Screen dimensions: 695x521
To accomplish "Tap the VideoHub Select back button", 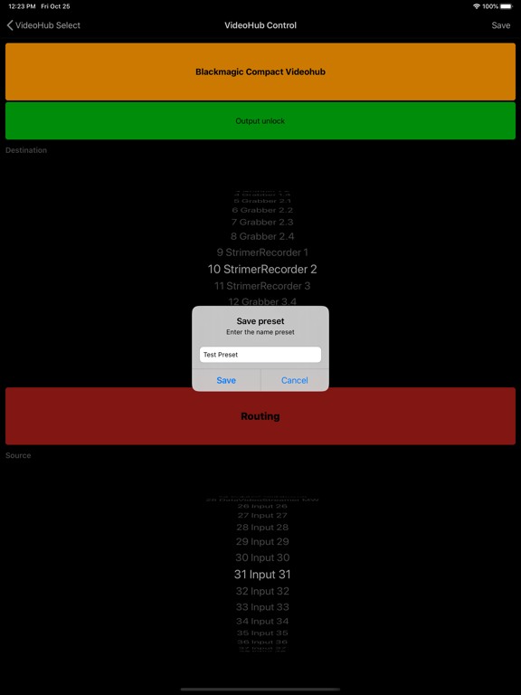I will tap(43, 25).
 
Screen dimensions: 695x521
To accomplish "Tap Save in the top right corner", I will tap(500, 25).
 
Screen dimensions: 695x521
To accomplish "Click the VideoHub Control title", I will tap(260, 25).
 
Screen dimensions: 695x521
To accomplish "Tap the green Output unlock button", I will tap(260, 120).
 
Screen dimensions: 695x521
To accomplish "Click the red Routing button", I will tap(260, 416).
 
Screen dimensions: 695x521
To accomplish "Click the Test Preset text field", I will tap(260, 355).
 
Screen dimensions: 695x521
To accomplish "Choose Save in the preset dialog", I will tap(226, 380).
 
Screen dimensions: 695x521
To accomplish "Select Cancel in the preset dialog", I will tap(294, 380).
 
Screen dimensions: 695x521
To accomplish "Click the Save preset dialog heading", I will tap(260, 321).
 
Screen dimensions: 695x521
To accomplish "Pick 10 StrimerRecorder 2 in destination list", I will tap(262, 269).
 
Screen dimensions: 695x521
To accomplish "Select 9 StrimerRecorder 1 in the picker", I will tap(262, 252).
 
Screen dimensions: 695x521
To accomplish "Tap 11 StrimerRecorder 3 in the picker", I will tap(262, 286).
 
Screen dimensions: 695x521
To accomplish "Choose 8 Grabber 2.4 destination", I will tap(262, 236).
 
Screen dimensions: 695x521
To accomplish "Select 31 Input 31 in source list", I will tap(262, 575).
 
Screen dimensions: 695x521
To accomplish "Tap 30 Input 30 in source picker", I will tap(262, 557).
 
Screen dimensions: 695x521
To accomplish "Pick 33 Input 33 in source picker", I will tap(262, 607).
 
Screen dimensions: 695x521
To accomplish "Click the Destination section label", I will tap(26, 150).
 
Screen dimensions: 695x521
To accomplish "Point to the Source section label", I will tap(18, 455).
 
